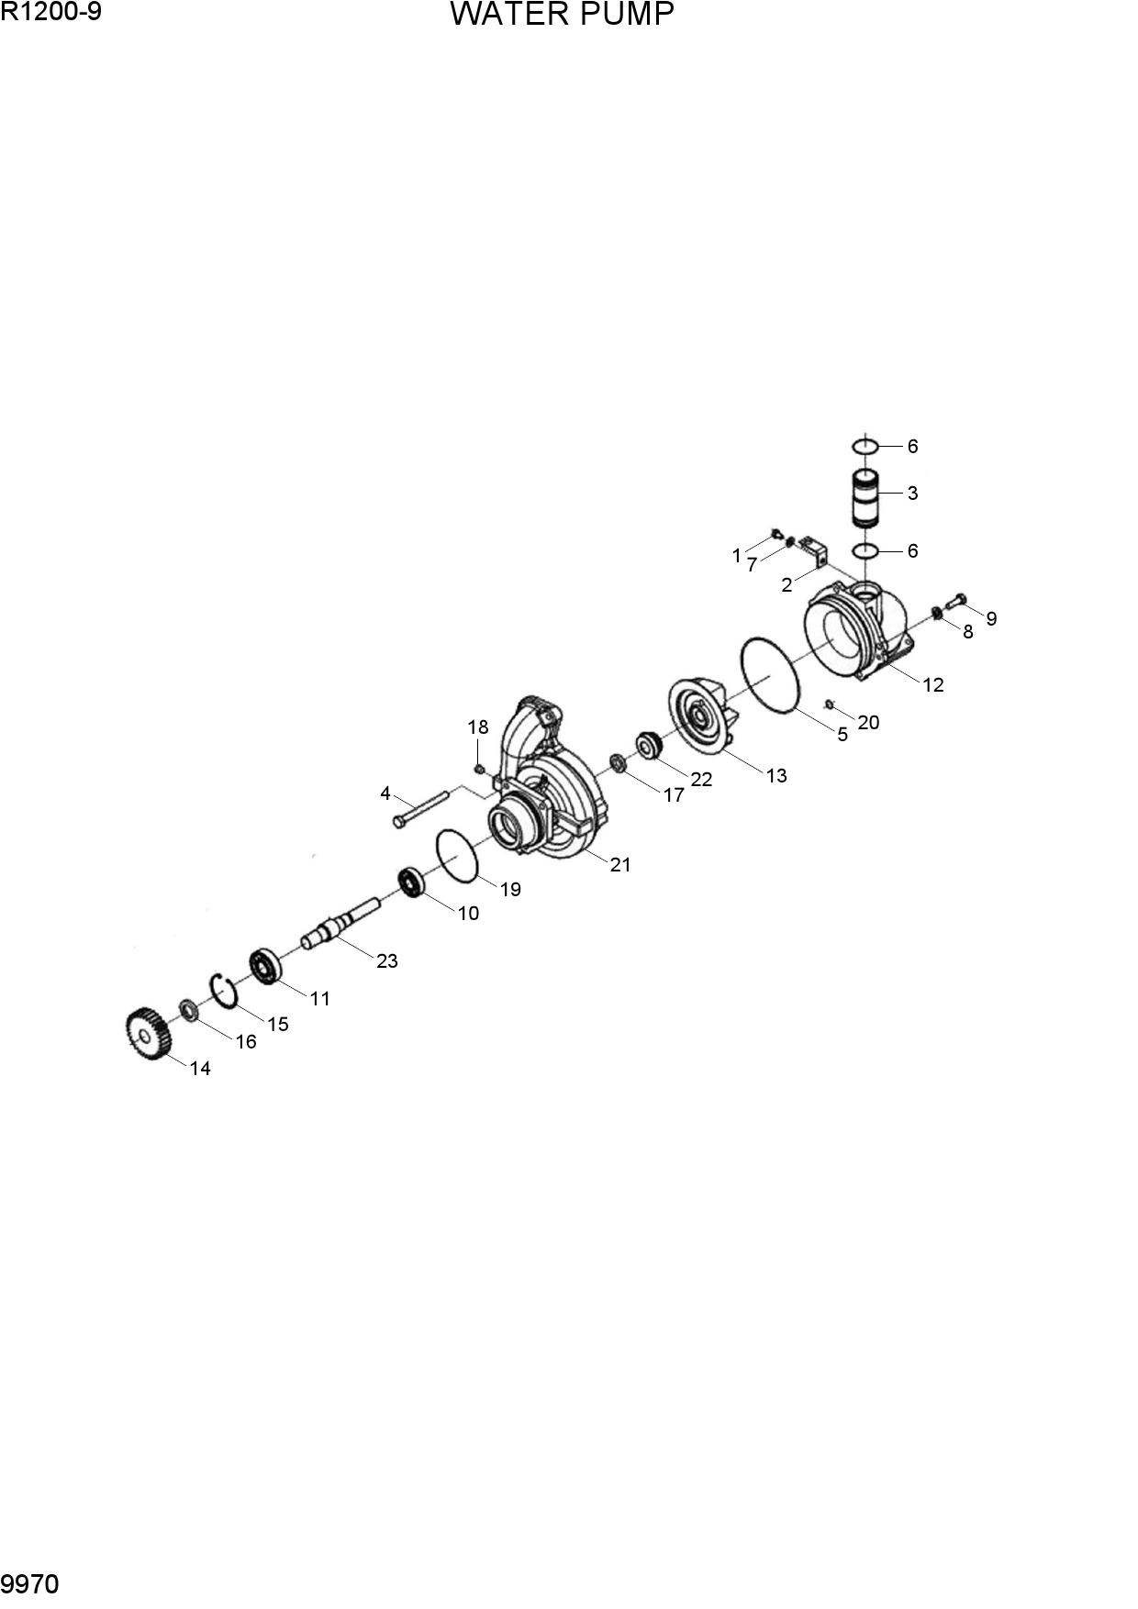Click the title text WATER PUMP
(562, 15)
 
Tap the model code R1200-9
(50, 12)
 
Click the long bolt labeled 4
(419, 807)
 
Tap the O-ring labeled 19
(458, 855)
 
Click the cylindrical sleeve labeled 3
(865, 498)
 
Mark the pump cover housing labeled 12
(858, 630)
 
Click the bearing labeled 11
(264, 968)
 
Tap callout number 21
(620, 864)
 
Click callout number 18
(477, 727)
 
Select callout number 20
(868, 722)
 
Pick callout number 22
(701, 779)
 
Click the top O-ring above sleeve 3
(865, 446)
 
